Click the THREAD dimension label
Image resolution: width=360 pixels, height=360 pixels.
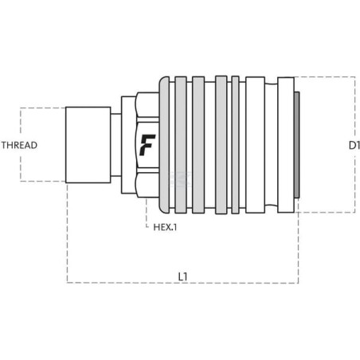pyautogui.click(x=19, y=145)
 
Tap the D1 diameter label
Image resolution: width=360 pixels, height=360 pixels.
pyautogui.click(x=354, y=145)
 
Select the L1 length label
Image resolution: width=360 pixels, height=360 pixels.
pyautogui.click(x=182, y=276)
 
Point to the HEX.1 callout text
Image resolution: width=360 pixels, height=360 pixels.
pyautogui.click(x=165, y=227)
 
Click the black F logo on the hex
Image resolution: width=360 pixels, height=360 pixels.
pyautogui.click(x=147, y=145)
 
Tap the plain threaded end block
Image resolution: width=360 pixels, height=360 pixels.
pyautogui.click(x=88, y=145)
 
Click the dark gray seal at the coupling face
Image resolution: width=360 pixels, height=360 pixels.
pyautogui.click(x=297, y=145)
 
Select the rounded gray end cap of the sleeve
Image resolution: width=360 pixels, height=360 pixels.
pyautogui.click(x=164, y=145)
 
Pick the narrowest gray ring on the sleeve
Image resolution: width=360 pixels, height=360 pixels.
pyautogui.click(x=235, y=145)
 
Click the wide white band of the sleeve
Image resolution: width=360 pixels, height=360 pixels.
pyautogui.click(x=255, y=145)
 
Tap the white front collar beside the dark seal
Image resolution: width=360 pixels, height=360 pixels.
pyautogui.click(x=286, y=145)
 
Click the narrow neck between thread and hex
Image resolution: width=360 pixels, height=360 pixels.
pyautogui.click(x=115, y=145)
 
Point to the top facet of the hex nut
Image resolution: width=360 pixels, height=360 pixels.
pyautogui.click(x=147, y=105)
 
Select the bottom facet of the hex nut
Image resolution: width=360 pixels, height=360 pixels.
pyautogui.click(x=147, y=186)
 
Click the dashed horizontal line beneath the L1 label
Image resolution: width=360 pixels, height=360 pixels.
pyautogui.click(x=182, y=283)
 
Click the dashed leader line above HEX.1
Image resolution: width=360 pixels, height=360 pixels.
pyautogui.click(x=147, y=213)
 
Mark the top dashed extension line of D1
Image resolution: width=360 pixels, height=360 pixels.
pyautogui.click(x=324, y=77)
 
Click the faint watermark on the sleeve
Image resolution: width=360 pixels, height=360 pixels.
pyautogui.click(x=180, y=180)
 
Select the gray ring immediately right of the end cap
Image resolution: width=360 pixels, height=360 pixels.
pyautogui.click(x=181, y=145)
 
